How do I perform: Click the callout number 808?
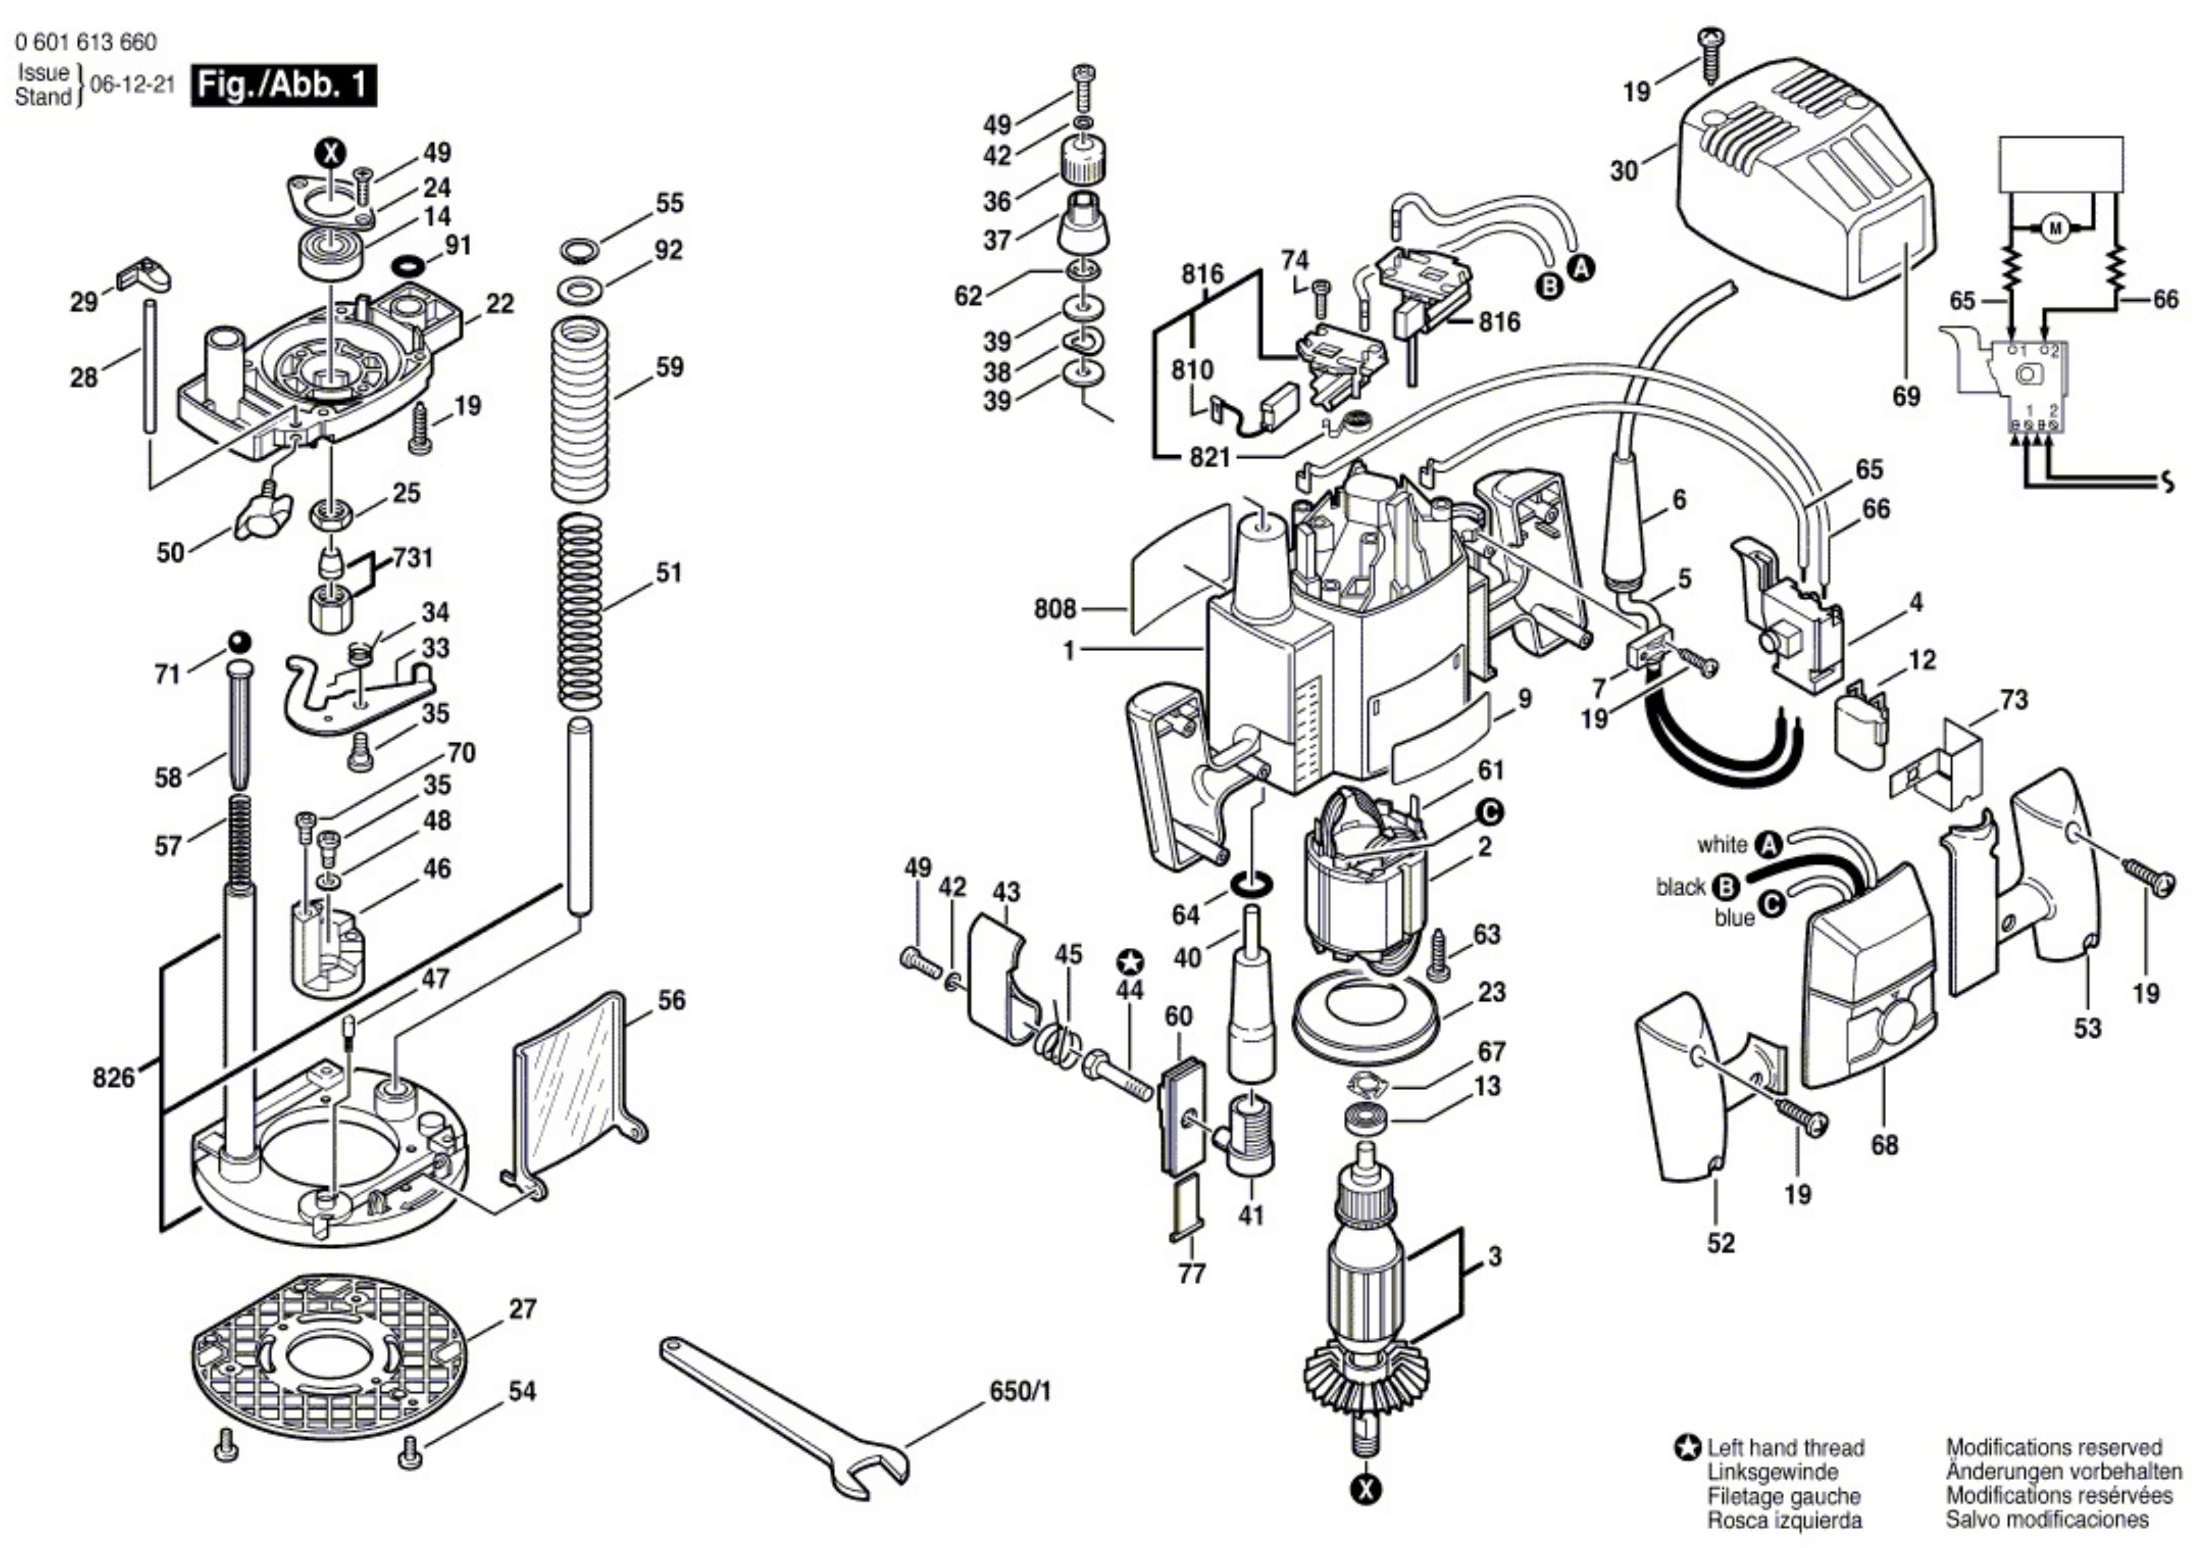point(1055,609)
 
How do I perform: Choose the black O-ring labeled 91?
point(408,264)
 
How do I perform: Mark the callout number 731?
point(412,558)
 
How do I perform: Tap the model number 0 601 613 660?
point(86,42)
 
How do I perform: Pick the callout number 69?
point(1905,396)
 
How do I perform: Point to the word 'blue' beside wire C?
point(1734,918)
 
